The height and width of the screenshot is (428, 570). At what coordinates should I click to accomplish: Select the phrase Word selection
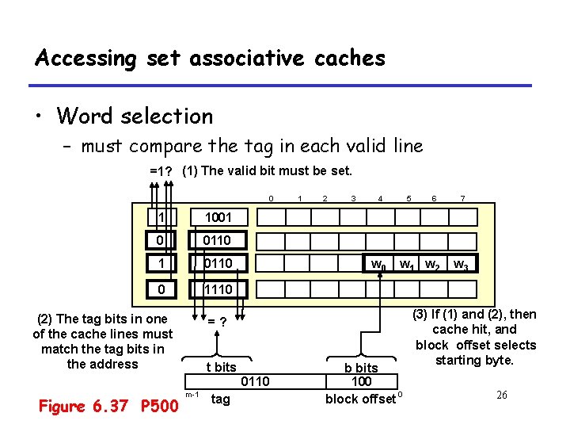(135, 116)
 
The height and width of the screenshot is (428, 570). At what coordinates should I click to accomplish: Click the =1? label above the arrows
(162, 170)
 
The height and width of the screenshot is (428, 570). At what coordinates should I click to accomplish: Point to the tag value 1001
(218, 217)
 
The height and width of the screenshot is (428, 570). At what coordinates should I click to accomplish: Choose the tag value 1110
(218, 289)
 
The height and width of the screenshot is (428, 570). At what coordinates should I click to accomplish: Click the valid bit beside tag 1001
(161, 217)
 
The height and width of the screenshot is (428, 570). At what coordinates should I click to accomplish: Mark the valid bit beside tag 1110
(161, 289)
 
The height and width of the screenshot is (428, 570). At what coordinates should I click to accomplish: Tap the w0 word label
(380, 264)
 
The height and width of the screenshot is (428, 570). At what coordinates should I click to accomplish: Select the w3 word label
(461, 264)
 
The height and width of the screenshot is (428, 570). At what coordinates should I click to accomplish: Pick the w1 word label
(407, 264)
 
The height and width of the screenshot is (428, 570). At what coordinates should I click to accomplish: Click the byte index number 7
(462, 197)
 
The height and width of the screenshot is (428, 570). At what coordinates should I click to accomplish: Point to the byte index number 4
(381, 197)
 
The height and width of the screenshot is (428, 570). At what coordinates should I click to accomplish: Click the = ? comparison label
(218, 321)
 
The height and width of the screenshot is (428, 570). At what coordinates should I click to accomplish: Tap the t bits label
(221, 367)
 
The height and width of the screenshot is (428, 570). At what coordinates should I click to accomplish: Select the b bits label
(361, 368)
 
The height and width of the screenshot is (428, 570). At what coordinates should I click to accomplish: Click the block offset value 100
(361, 382)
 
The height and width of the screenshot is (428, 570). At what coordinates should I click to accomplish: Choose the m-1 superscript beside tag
(191, 394)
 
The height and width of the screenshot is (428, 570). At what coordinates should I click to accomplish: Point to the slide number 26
(500, 395)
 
